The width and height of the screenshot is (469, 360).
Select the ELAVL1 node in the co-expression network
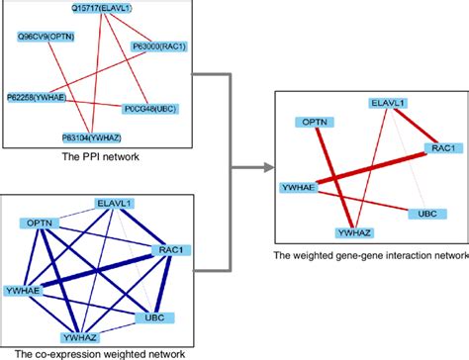115,203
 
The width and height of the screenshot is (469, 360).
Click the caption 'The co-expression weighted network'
93,353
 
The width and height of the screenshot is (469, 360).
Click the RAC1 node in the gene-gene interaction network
441,148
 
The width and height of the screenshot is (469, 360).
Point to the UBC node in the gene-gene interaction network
425,212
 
